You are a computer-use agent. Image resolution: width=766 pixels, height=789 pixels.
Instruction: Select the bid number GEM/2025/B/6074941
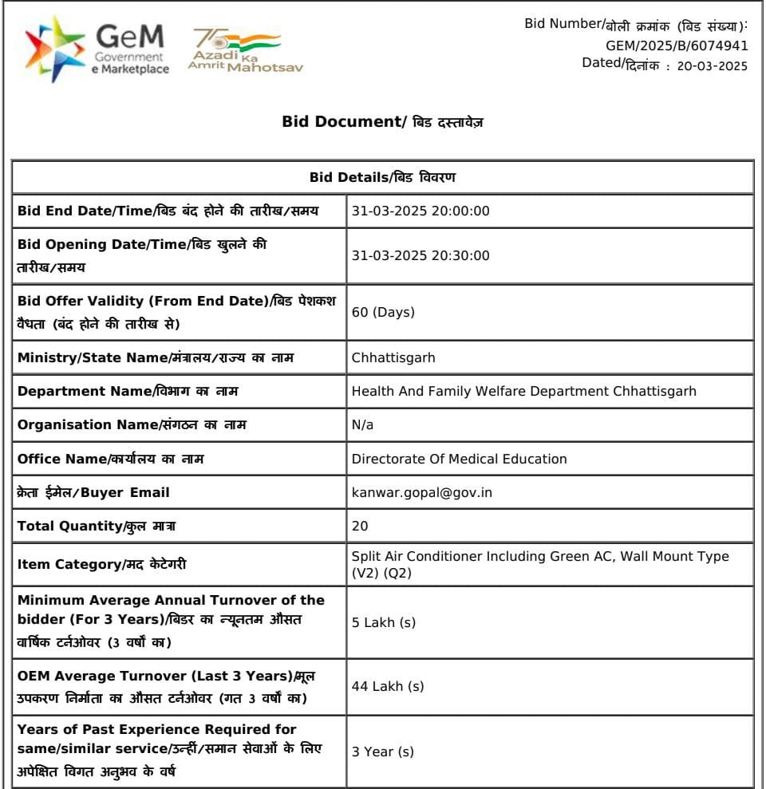tap(677, 45)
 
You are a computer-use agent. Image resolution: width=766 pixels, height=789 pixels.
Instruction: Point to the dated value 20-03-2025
tap(712, 66)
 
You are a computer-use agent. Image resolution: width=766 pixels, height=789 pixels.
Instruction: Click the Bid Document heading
tap(382, 122)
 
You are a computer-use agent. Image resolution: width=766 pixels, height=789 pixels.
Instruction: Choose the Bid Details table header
tap(382, 176)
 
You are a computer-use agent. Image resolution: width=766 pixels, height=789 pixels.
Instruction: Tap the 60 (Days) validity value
tap(383, 312)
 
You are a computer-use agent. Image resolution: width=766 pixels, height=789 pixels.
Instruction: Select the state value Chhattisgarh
tap(393, 357)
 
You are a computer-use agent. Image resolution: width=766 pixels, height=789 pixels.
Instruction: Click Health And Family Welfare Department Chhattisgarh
tap(523, 391)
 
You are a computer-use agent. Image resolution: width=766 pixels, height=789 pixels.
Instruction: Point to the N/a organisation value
tap(362, 425)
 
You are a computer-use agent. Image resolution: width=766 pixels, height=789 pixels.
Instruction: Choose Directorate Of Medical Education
tap(459, 459)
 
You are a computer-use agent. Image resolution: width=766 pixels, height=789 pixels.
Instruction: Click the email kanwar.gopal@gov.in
tap(421, 492)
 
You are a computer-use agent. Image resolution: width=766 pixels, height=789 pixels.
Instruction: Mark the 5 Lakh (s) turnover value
tap(383, 622)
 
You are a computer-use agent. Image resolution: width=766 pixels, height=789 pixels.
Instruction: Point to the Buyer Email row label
tap(93, 492)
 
